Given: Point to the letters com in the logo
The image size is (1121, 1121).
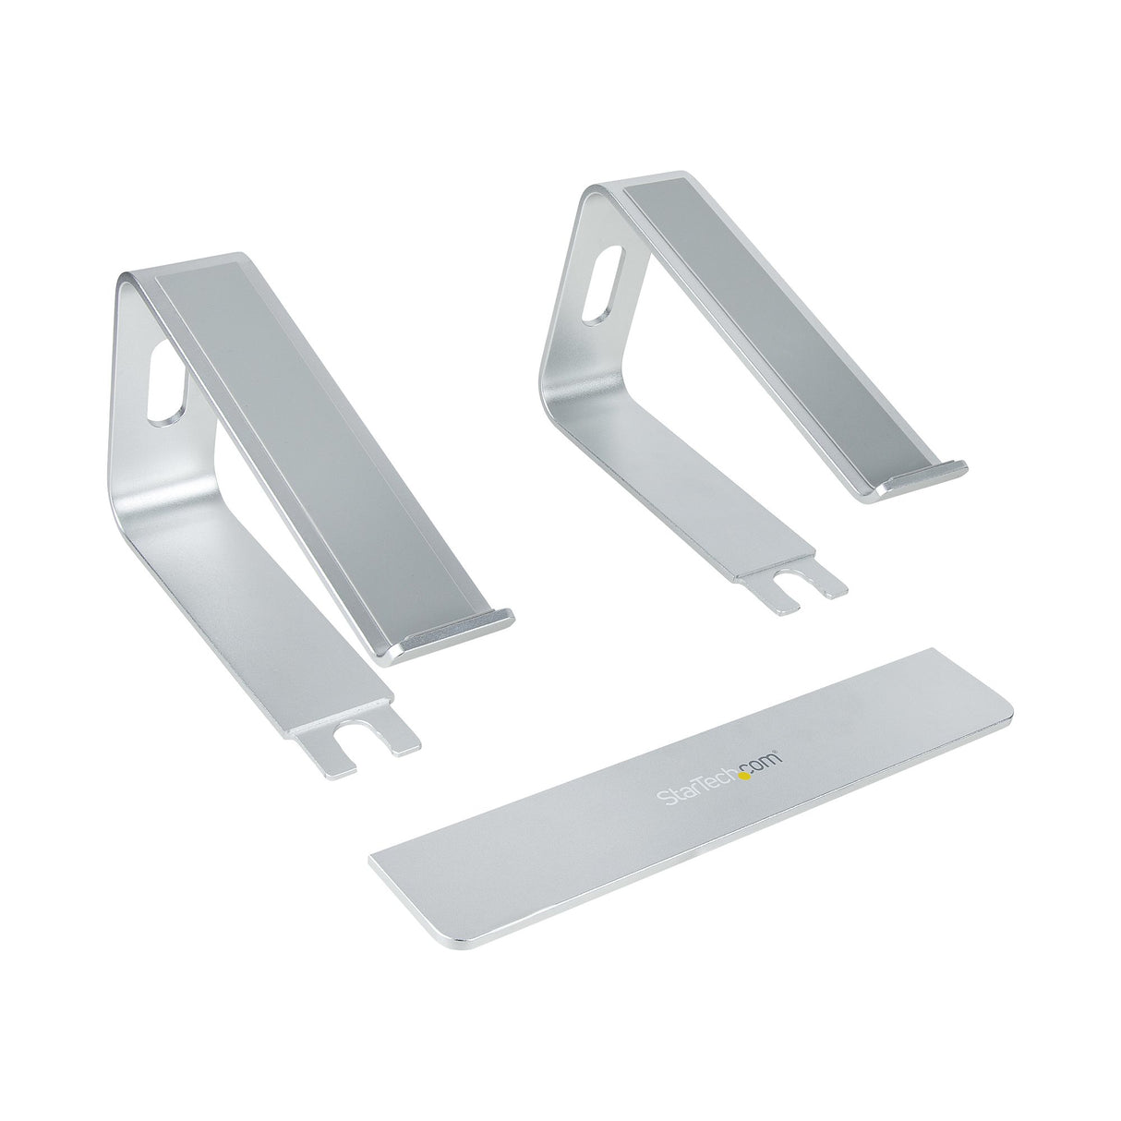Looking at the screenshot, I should click(x=766, y=756).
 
